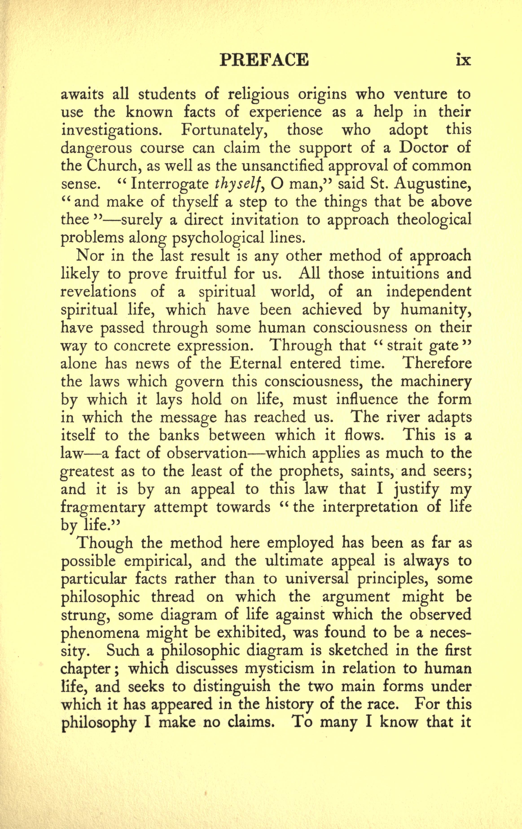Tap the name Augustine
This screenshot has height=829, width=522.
click(x=432, y=184)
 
